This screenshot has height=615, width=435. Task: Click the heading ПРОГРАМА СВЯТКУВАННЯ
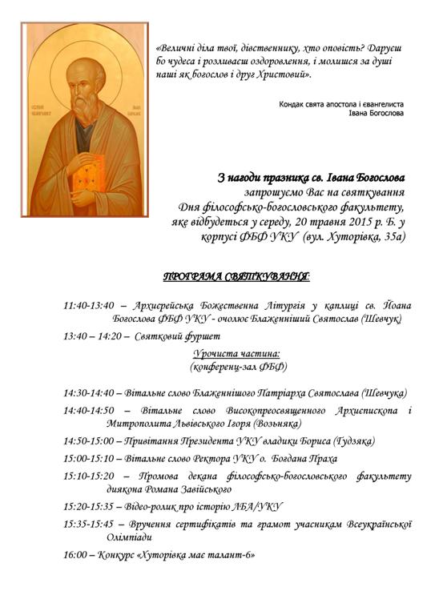coord(237,277)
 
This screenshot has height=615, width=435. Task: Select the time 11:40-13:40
coord(91,305)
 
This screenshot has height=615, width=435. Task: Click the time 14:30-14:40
coord(91,393)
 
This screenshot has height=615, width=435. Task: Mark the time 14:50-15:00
coord(91,440)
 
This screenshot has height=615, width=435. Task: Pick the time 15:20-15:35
coord(91,506)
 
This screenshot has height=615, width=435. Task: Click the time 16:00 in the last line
coord(76,553)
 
